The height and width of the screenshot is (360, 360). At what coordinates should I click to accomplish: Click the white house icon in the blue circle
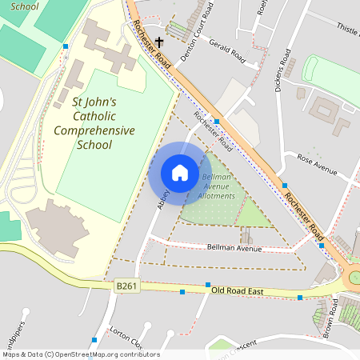coord(179,173)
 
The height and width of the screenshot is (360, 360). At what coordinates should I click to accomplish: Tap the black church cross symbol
coord(160,42)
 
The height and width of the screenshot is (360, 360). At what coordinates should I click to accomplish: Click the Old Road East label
coord(238,291)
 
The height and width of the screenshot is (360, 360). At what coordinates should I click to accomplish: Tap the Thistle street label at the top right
coord(347,30)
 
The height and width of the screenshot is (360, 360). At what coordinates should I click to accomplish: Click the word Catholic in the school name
coord(94,116)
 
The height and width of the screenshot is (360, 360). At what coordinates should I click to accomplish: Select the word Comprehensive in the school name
coord(94,130)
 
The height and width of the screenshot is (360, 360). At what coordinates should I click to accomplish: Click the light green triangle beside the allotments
coord(253,214)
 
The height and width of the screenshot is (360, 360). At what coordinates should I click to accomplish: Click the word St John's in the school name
coord(94,102)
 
